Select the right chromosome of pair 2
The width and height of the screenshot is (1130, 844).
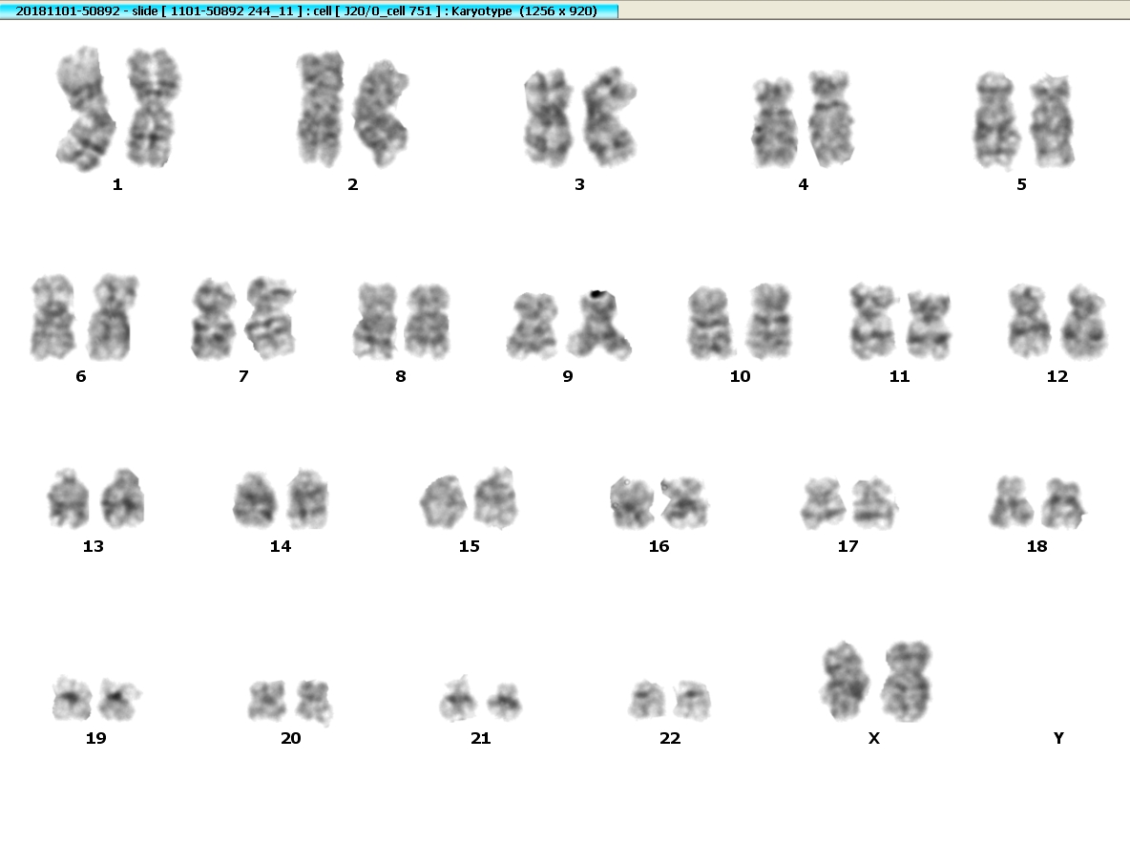point(381,114)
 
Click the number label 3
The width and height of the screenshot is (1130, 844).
point(579,184)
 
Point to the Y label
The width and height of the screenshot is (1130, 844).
point(1057,738)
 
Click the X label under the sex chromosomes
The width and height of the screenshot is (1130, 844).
point(873,738)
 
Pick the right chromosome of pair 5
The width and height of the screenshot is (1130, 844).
point(1052,121)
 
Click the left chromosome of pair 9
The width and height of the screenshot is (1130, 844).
point(534,326)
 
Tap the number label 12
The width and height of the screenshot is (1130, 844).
point(1057,376)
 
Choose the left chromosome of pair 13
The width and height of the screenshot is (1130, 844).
point(69,498)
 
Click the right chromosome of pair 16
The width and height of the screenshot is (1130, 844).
point(684,502)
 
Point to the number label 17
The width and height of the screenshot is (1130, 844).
point(847,546)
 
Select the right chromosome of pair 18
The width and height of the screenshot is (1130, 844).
point(1064,504)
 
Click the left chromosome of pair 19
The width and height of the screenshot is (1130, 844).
point(73,699)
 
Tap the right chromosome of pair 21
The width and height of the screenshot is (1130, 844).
point(504,702)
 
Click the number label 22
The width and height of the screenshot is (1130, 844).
point(669,738)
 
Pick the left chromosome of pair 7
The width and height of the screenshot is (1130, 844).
point(214,319)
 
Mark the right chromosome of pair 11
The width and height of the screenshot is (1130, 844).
point(929,326)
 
